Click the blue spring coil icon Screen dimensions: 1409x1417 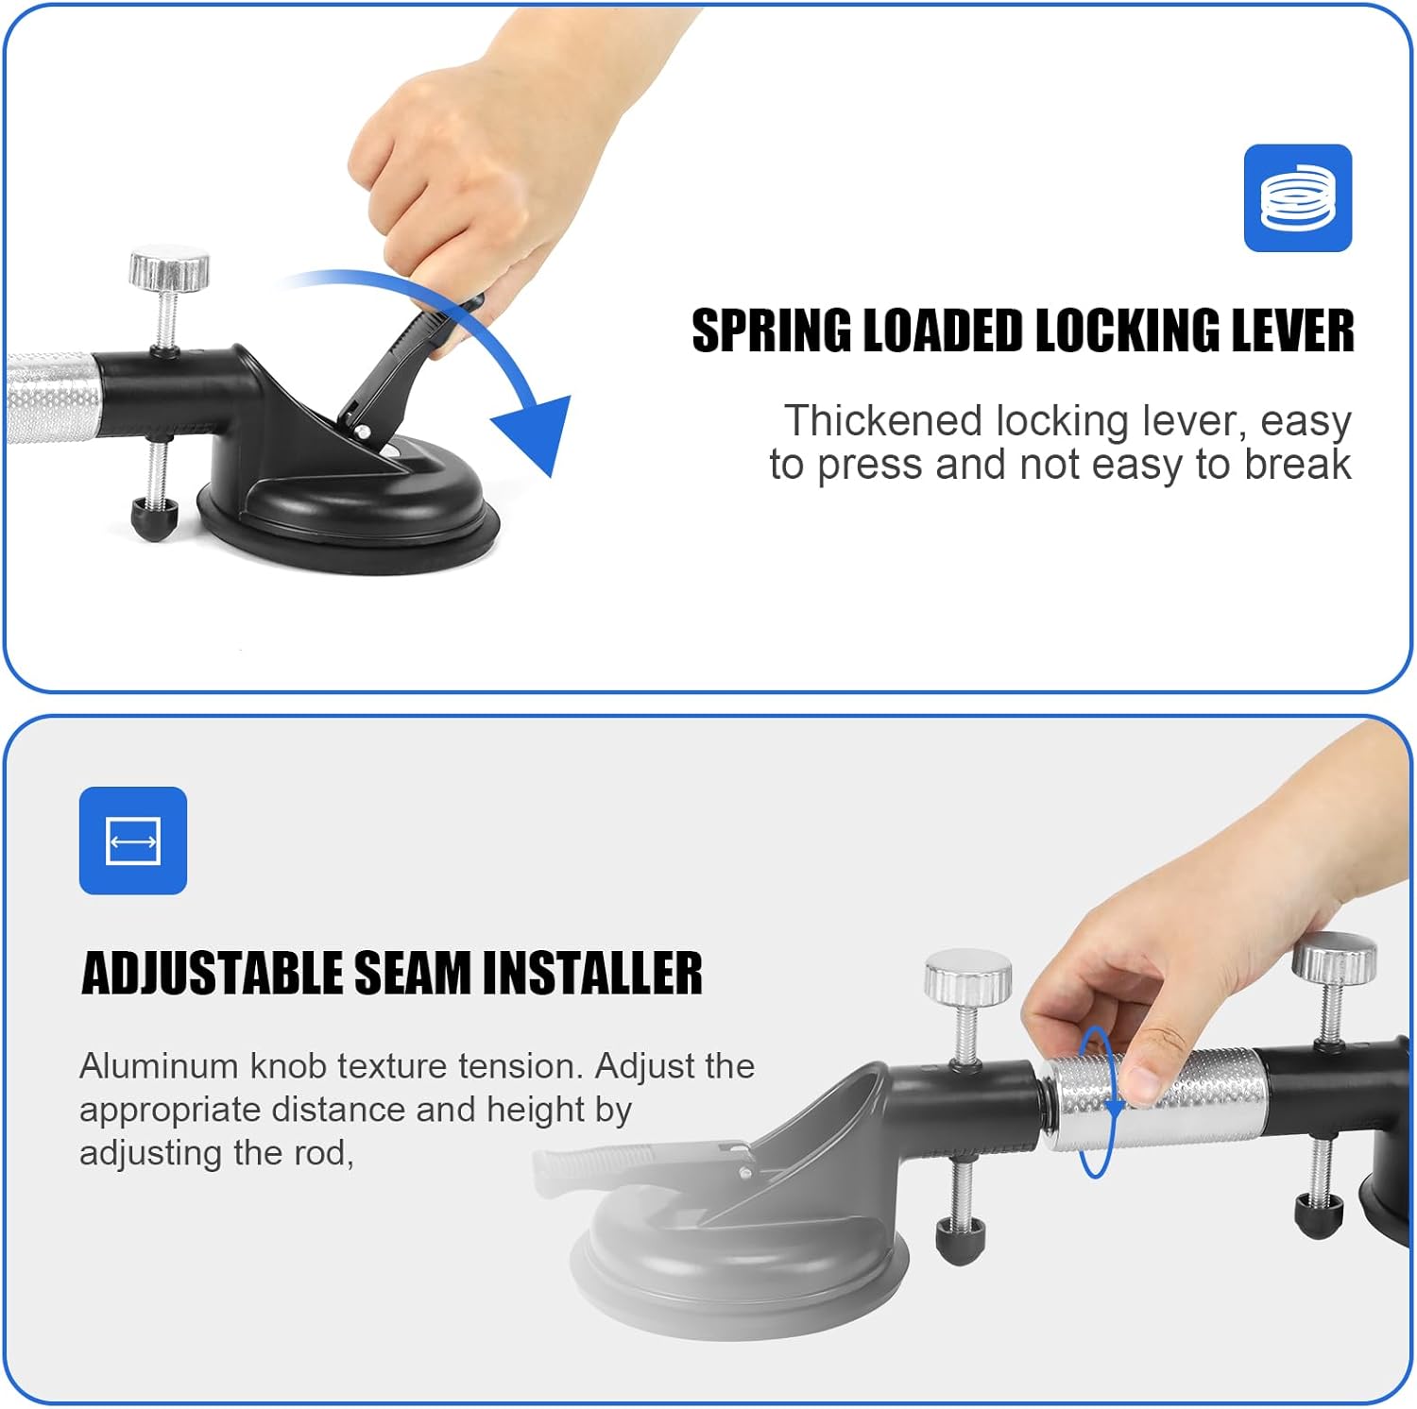point(1297,198)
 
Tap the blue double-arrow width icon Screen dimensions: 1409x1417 point(133,840)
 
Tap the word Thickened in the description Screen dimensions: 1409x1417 point(882,421)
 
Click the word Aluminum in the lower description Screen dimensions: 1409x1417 point(158,1066)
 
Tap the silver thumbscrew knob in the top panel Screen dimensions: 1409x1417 point(169,269)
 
